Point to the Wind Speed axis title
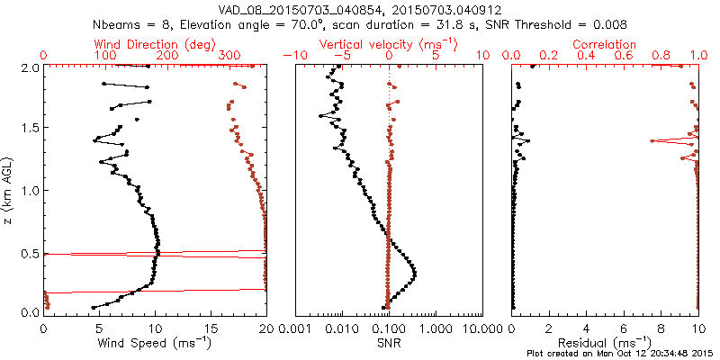coord(155,342)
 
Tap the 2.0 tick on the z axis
coord(30,67)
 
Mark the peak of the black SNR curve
coord(415,272)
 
